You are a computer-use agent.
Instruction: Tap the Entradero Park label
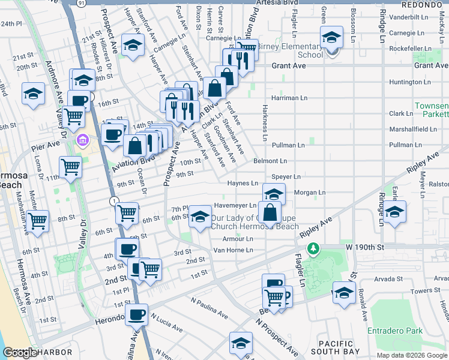(396, 331)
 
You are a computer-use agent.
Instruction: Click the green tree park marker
(312, 248)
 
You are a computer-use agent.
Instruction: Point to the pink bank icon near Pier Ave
(83, 140)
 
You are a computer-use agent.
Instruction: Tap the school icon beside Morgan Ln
(274, 194)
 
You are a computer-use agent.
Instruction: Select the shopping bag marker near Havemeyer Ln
(270, 212)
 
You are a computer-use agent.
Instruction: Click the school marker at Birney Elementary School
(331, 38)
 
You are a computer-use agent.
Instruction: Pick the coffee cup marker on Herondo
(136, 313)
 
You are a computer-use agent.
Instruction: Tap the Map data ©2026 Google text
(411, 355)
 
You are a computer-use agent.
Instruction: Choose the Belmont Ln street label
(270, 161)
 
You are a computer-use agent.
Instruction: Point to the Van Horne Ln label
(234, 250)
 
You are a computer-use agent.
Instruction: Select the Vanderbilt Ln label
(407, 17)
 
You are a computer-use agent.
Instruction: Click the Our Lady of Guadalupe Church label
(254, 222)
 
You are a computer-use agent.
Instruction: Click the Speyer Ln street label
(285, 177)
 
